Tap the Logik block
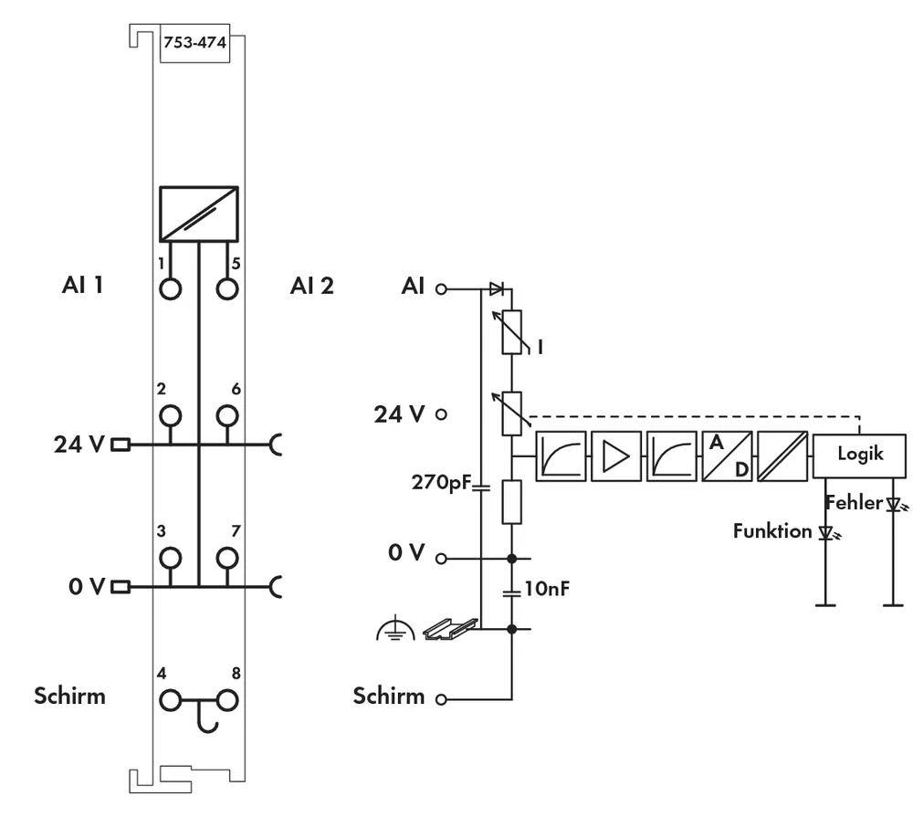point(859,454)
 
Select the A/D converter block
point(727,455)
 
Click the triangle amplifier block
point(615,455)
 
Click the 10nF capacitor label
point(547,589)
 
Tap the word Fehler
point(854,502)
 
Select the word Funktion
point(772,530)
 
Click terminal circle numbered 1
point(170,288)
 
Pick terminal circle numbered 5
point(227,288)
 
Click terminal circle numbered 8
point(227,700)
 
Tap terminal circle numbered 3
point(170,558)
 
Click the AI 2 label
point(311,286)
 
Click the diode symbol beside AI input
point(496,288)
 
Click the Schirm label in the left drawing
point(69,696)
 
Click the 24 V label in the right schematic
point(399,414)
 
